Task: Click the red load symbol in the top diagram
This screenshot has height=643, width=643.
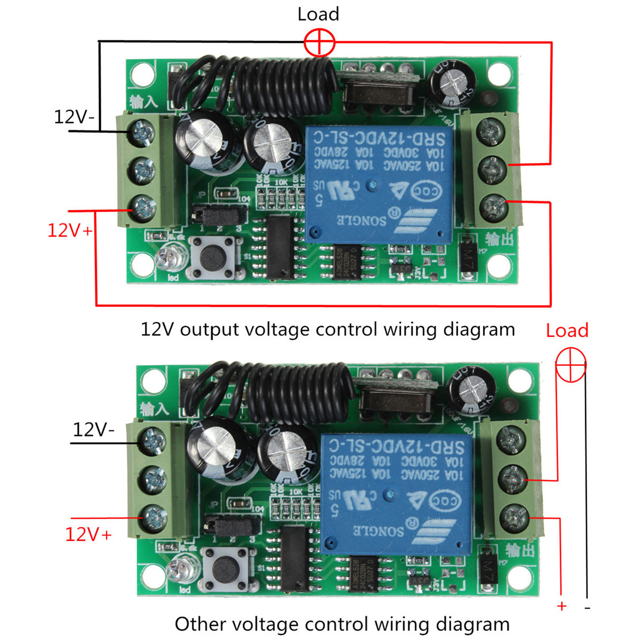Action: coord(319,42)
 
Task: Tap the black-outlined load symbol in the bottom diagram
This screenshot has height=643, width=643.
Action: coord(571,366)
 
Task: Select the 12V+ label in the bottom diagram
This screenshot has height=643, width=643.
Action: coord(88,534)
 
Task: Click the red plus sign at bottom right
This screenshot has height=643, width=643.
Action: coord(561,606)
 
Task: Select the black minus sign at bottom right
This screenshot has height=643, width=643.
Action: coord(587,608)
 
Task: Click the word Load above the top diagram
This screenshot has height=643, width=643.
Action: coord(318,14)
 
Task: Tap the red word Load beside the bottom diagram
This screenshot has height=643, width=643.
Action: coord(567,330)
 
